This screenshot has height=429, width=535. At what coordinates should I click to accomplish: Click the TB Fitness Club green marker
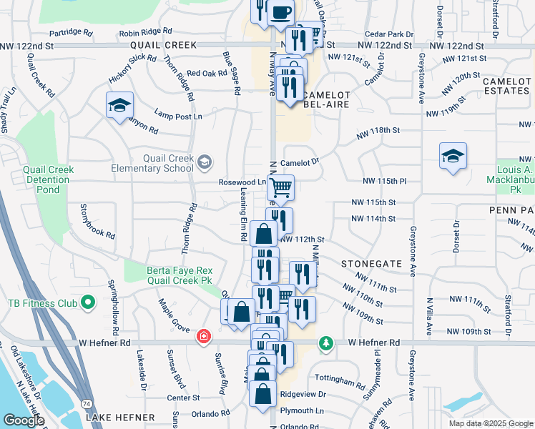88,304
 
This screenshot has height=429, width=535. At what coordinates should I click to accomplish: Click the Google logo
24,420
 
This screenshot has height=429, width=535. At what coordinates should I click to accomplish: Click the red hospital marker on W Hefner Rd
205,335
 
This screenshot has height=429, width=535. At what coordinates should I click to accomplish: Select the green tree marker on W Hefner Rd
326,343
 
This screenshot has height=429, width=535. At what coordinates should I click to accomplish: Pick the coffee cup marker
280,12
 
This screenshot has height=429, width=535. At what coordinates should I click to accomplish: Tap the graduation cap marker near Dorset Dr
453,155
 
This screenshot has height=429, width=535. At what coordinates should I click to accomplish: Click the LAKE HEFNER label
120,417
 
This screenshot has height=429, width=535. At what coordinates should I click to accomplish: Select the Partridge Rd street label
72,33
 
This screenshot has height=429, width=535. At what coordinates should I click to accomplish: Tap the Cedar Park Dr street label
389,34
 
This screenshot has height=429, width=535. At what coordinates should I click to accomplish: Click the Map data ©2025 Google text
491,423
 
